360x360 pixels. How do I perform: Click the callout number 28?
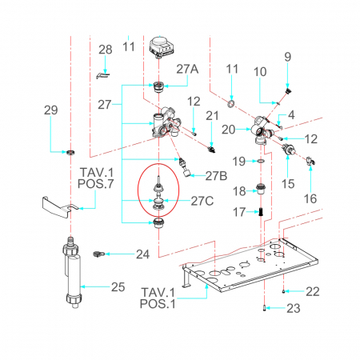pos(106,50)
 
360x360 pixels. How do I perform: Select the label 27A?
pos(187,69)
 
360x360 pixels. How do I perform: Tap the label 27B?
pos(216,176)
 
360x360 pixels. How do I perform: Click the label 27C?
pos(202,201)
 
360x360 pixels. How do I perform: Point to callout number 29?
pos(50,110)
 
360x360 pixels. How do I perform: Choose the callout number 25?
pos(118,287)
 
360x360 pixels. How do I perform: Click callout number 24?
pos(142,254)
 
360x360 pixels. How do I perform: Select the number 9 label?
pos(288,57)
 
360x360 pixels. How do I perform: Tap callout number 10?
pos(260,72)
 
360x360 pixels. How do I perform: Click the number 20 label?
pos(229,130)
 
